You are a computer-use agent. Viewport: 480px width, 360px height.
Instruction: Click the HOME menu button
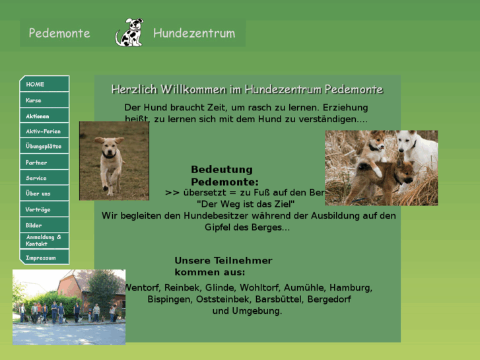click(x=44, y=84)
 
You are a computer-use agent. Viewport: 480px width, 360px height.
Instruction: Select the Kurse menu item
click(x=44, y=100)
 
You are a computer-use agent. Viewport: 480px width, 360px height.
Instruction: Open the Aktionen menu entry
click(x=44, y=116)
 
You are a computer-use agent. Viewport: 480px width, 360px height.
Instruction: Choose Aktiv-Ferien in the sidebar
click(x=44, y=131)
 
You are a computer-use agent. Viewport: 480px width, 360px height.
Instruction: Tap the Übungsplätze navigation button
click(x=44, y=147)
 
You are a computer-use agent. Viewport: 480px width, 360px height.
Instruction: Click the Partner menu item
click(x=44, y=162)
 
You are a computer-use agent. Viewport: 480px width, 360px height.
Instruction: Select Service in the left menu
click(x=44, y=178)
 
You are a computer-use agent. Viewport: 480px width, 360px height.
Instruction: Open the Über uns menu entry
click(x=44, y=194)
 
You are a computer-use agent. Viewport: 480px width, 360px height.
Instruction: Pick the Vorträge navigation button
click(x=44, y=209)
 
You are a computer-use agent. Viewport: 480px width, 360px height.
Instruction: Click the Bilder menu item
click(x=44, y=225)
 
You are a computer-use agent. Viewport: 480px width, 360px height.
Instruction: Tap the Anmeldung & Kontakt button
click(x=44, y=240)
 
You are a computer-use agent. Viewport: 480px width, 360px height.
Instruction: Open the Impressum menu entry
click(x=44, y=257)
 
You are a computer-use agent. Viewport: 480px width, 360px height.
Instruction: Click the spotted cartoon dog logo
click(x=129, y=32)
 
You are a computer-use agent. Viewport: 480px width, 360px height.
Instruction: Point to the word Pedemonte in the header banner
click(x=59, y=33)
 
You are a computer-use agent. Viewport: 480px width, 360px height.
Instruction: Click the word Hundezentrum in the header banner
click(x=194, y=33)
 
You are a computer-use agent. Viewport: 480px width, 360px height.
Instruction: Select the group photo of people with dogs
click(x=69, y=306)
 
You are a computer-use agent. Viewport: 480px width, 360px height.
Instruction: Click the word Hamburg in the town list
click(x=351, y=288)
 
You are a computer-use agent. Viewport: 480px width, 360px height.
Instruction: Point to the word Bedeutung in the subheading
click(x=222, y=170)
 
